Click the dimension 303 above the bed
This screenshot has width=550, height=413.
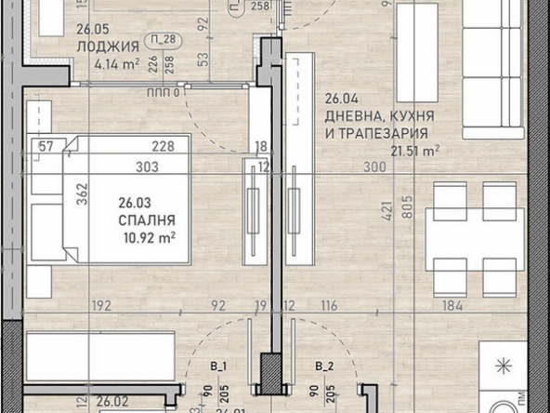click(146, 167)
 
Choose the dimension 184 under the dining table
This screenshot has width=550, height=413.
click(451, 304)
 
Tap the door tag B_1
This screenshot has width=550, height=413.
click(220, 366)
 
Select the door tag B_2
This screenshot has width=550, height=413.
click(324, 366)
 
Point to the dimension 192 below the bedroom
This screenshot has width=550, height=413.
click(100, 304)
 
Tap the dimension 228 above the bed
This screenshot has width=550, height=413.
click(164, 144)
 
